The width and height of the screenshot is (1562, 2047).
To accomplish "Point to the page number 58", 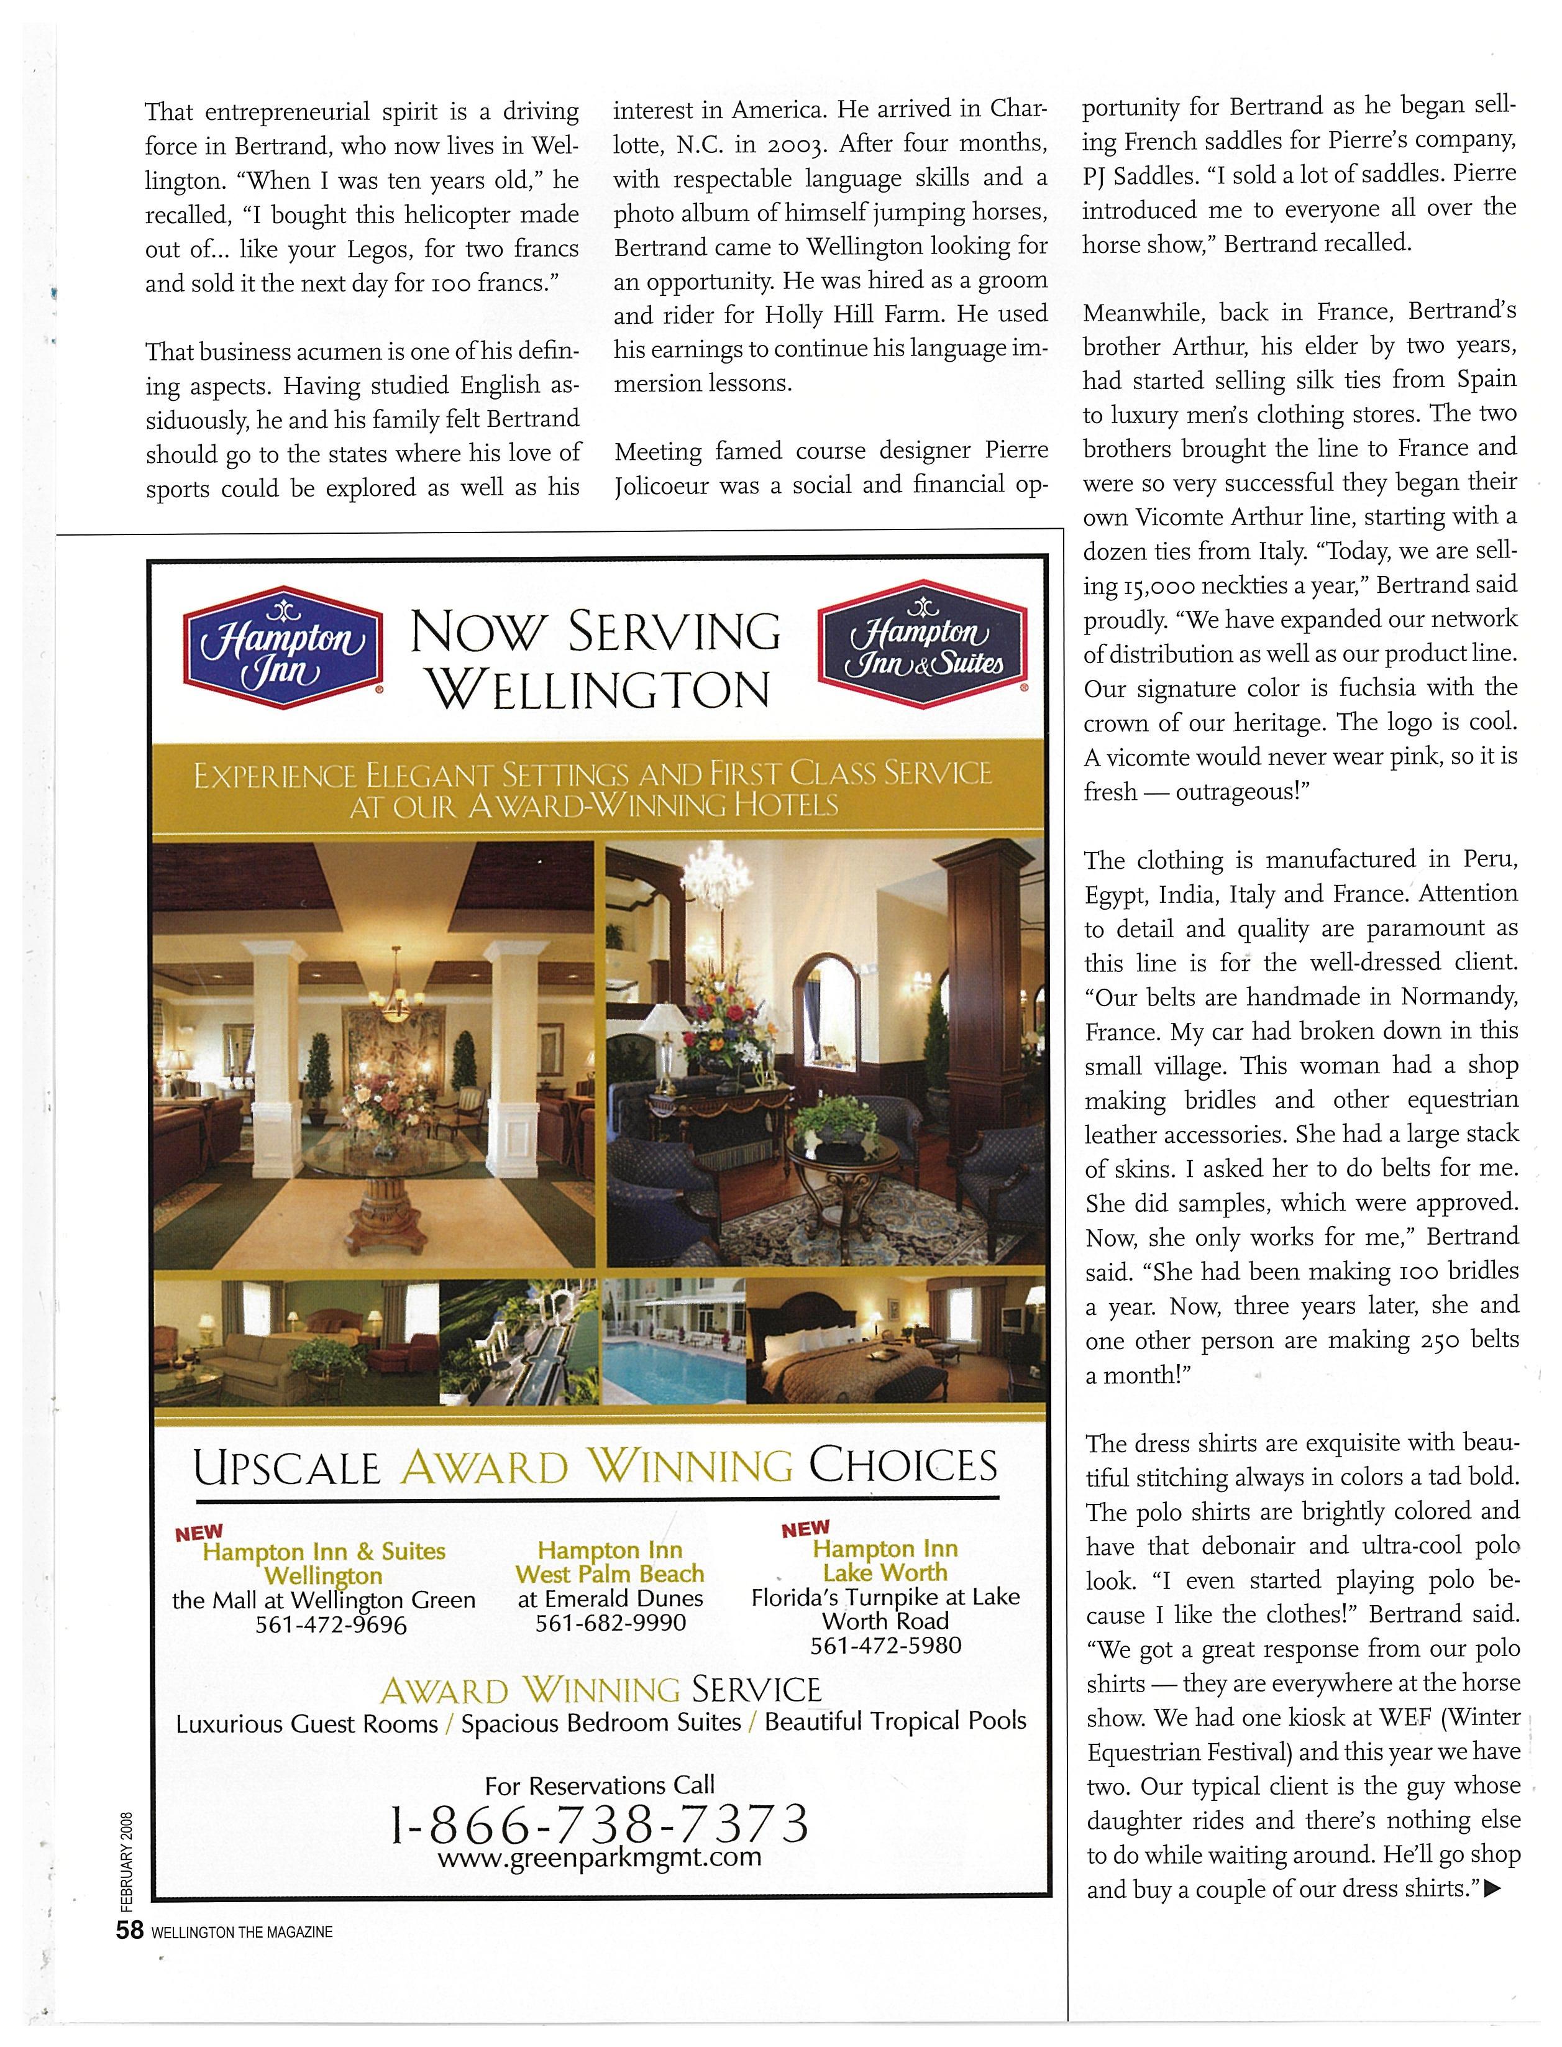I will point(129,1931).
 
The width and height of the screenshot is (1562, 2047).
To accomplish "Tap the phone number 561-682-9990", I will point(611,1623).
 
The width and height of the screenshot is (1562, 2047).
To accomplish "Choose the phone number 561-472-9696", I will point(332,1625).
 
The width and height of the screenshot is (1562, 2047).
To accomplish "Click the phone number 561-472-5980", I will point(885,1645).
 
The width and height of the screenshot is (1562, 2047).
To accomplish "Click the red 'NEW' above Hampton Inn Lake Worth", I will point(805,1529).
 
